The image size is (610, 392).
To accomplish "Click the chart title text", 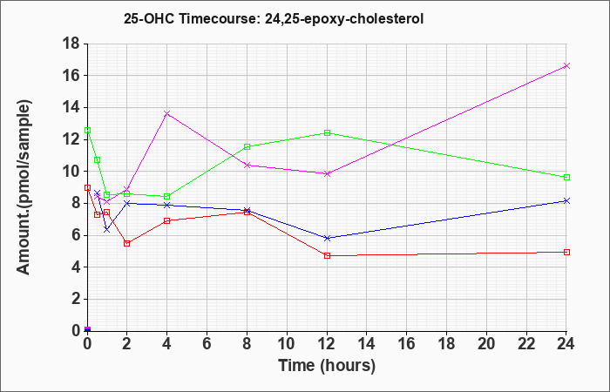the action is [x=274, y=18].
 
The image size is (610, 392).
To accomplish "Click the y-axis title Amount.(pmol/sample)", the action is [x=24, y=187].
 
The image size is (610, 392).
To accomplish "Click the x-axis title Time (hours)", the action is [x=327, y=366].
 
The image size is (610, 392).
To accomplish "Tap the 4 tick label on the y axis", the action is [x=76, y=267].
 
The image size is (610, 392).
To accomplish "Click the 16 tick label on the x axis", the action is [x=407, y=344].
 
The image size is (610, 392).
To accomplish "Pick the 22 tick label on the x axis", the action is [x=526, y=344].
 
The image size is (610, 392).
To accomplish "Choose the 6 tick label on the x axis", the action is [x=207, y=344].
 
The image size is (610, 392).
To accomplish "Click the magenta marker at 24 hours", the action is [x=566, y=65].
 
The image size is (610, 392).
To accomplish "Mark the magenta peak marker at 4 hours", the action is [x=167, y=113].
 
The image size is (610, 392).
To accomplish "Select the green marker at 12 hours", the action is [x=327, y=132].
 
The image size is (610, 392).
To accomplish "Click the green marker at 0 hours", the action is [x=87, y=131].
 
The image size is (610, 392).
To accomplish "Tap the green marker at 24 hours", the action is [x=566, y=177].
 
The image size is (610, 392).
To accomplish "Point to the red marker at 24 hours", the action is [x=566, y=252].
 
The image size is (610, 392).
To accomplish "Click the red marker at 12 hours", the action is [x=327, y=255].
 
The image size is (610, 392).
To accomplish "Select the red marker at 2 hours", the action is [x=127, y=243].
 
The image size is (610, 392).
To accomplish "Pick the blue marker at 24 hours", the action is [x=566, y=200].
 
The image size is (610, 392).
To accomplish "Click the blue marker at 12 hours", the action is [x=327, y=238].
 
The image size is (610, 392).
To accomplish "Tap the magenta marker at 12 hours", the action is [x=327, y=174].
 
